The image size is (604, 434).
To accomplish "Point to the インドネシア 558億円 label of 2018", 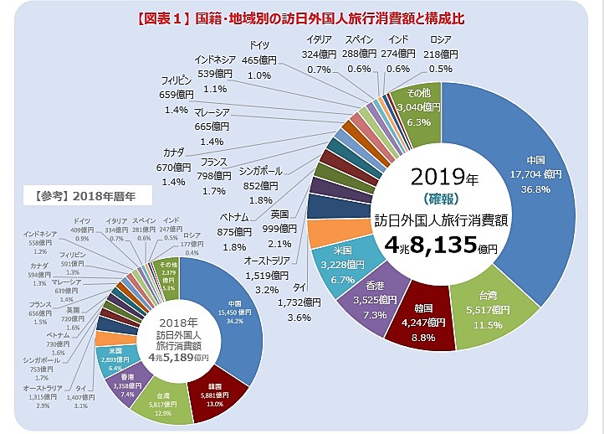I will (x=40, y=242).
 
